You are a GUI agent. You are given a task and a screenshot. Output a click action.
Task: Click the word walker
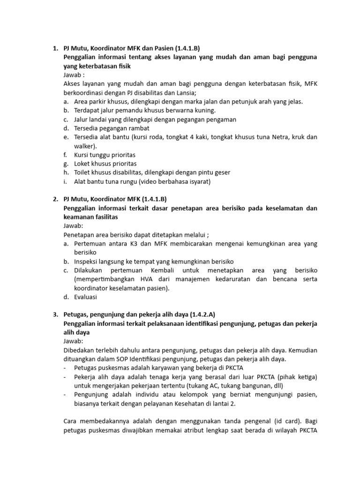point(84,146)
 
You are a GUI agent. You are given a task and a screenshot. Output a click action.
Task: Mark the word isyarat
point(199,181)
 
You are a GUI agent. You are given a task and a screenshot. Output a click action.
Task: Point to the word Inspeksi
point(88,261)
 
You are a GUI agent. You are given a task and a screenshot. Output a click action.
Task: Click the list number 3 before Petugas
point(55,314)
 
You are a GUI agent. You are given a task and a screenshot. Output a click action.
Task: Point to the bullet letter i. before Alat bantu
point(66,181)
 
